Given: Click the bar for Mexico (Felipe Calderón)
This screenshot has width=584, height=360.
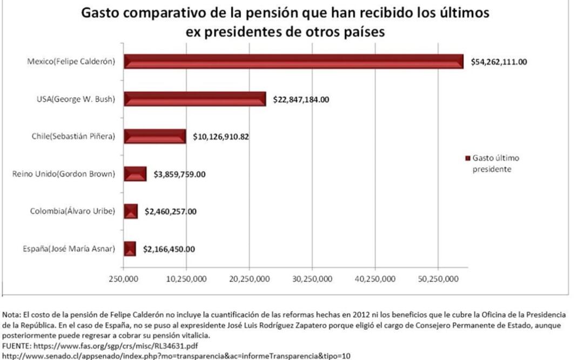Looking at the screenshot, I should tap(293, 61).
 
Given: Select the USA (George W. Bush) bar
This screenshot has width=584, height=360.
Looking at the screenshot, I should tap(194, 99).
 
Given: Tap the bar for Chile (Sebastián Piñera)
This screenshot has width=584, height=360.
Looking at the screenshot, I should tap(155, 136).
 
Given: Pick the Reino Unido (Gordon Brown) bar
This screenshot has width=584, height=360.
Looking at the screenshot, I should tap(135, 174).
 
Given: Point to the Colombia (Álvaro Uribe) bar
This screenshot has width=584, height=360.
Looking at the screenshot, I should tap(131, 211).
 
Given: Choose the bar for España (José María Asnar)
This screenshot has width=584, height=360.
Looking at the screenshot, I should tap(130, 249).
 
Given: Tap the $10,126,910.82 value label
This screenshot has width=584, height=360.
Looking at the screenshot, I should tap(221, 137).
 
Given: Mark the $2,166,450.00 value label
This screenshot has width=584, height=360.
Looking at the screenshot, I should tap(169, 249).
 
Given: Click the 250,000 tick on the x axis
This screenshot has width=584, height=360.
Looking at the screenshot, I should tap(123, 278).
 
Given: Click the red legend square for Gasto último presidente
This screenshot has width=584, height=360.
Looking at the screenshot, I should tap(467, 159).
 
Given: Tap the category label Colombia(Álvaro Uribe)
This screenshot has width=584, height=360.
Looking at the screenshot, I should tap(72, 211).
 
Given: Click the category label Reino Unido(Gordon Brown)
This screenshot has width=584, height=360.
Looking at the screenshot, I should tap(63, 174).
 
